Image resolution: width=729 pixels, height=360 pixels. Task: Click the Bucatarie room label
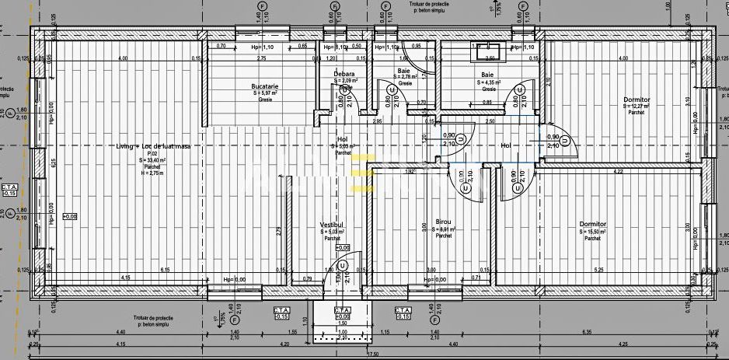click(265, 86)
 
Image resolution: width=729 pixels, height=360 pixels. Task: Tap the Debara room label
click(344, 74)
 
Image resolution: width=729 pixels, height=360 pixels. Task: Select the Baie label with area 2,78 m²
click(404, 71)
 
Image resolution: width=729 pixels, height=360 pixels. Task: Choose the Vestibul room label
click(332, 225)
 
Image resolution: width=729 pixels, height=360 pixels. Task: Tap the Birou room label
click(444, 222)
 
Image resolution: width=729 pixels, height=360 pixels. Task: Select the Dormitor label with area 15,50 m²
click(593, 225)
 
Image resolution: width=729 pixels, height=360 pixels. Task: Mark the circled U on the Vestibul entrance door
click(340, 264)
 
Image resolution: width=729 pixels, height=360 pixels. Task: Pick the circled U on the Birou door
click(465, 187)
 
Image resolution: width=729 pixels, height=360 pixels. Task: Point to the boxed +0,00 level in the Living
click(70, 216)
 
